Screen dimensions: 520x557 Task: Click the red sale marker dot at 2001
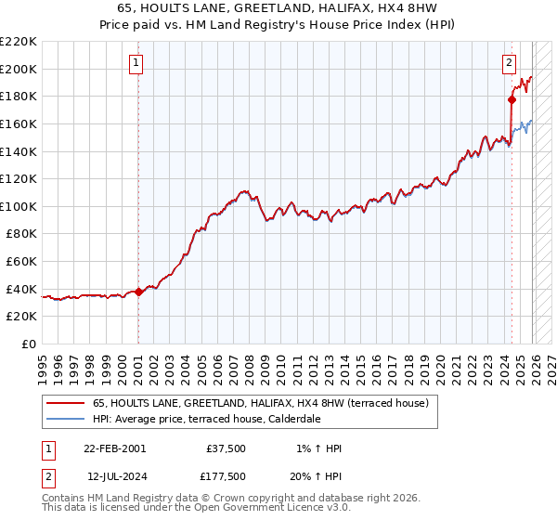tap(138, 292)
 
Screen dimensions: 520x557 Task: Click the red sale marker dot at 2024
tap(512, 99)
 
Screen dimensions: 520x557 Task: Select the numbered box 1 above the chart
tap(136, 63)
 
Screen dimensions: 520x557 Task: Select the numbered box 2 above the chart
tap(510, 63)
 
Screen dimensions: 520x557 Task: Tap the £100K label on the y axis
tap(18, 206)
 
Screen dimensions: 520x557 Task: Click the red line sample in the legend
tap(65, 403)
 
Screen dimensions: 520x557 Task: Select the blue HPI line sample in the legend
tap(65, 419)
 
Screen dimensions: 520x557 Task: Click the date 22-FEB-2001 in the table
tap(114, 448)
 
